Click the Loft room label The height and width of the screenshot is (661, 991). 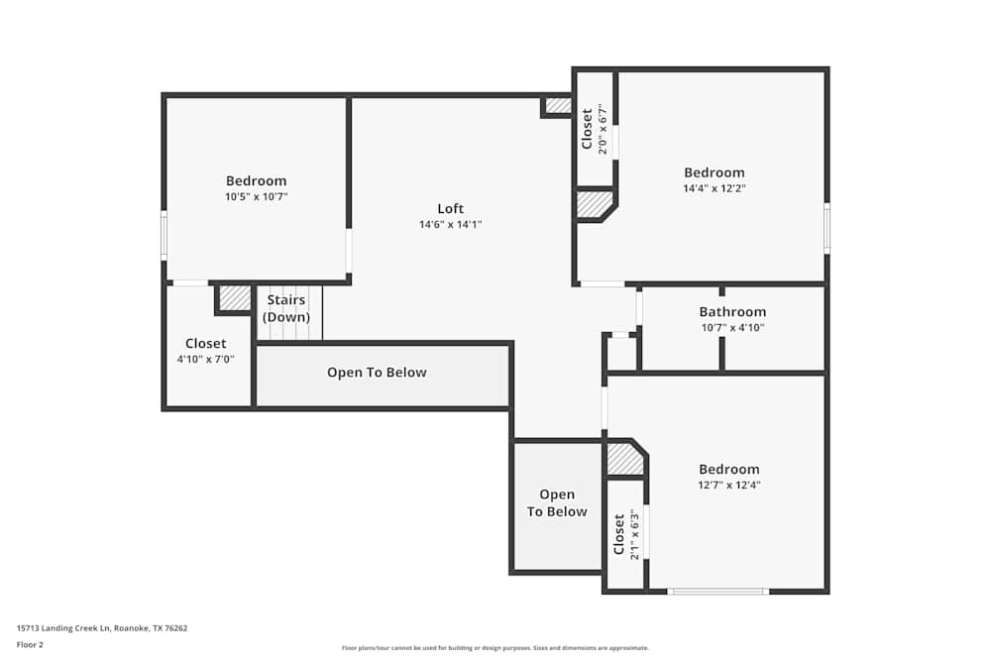[x=450, y=208]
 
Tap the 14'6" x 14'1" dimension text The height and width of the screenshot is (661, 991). [x=450, y=224]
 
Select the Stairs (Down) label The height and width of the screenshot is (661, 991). [x=286, y=308]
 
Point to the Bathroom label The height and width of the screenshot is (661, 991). [x=732, y=311]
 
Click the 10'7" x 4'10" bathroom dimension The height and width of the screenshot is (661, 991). [x=732, y=327]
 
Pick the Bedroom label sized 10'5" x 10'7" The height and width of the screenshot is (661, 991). [x=256, y=180]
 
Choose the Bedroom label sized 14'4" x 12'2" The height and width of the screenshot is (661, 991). [x=715, y=172]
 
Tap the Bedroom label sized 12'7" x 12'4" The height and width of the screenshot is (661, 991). [x=728, y=469]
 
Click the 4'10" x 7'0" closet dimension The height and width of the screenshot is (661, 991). [x=205, y=359]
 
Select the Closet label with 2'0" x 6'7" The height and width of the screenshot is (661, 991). [x=587, y=129]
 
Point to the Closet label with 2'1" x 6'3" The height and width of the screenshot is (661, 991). [x=619, y=534]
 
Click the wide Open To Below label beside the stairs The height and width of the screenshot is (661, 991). [x=377, y=373]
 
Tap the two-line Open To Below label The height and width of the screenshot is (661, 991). [x=557, y=503]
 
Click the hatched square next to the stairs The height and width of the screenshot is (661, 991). [x=235, y=297]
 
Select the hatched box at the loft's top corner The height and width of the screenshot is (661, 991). [x=558, y=105]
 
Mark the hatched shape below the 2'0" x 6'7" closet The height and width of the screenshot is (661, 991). [x=594, y=204]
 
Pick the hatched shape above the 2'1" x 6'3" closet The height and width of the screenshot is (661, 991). [x=624, y=458]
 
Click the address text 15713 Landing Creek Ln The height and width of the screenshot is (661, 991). [x=63, y=628]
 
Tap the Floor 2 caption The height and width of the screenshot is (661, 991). [x=30, y=644]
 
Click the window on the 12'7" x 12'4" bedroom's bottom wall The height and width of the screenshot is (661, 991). [x=717, y=592]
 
